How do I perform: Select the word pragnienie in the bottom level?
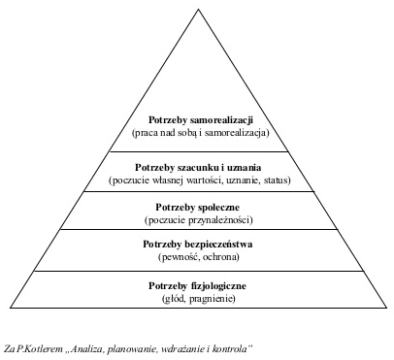pos(215,300)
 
